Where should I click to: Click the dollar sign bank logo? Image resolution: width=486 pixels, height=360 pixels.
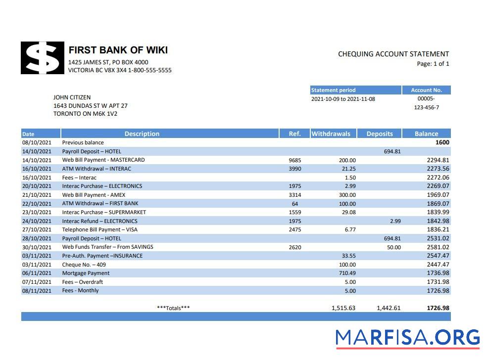coord(43,58)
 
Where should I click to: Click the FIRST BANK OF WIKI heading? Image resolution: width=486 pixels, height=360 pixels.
coord(118,50)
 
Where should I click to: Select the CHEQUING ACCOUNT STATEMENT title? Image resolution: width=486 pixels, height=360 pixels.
coord(393,54)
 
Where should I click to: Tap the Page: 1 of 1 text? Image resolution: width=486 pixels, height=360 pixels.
coord(433,64)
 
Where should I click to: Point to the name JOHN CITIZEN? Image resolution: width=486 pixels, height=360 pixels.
coord(72,97)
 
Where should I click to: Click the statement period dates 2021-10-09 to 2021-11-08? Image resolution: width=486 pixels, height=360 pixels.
coord(343,99)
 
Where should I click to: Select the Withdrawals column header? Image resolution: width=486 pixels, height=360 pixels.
coord(331,134)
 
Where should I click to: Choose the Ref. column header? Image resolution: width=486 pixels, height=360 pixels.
coord(294,134)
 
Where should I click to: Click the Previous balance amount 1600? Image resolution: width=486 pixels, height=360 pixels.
coord(442,142)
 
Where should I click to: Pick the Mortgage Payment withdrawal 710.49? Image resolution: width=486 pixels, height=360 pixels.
coord(346,273)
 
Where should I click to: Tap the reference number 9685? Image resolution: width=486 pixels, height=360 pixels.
coord(294,160)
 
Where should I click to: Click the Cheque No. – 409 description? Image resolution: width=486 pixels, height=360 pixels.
coord(84,265)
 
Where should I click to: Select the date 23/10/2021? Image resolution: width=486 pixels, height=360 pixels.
coord(37,212)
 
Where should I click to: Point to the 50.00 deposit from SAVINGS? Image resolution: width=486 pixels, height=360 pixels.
coord(393,247)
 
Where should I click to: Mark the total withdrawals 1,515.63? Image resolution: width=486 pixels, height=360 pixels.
coord(343,308)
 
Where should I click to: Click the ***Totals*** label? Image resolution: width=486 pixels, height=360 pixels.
coord(173,308)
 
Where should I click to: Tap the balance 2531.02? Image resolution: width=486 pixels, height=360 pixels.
coord(437,238)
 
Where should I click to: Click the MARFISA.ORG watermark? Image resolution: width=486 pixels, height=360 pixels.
coord(407,338)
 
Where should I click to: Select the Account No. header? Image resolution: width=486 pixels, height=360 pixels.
coord(426,90)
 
